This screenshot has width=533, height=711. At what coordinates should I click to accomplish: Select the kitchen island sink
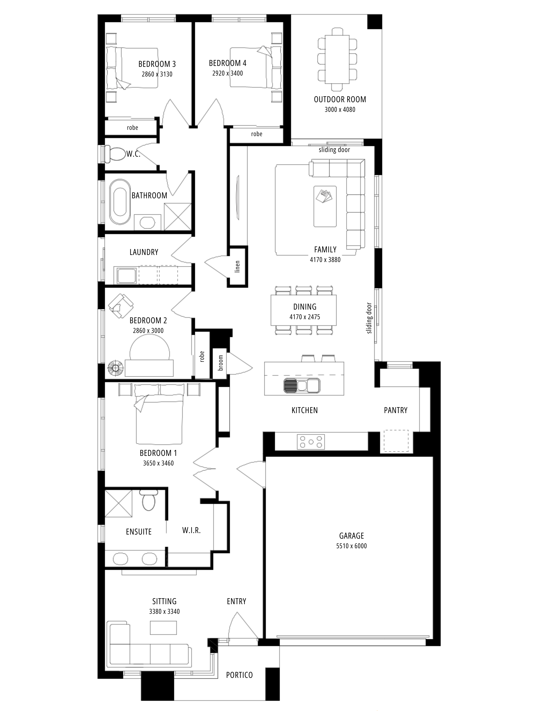tap(302, 385)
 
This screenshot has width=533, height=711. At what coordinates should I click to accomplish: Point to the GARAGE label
tap(351, 536)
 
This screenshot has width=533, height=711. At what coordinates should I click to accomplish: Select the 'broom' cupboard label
tap(220, 363)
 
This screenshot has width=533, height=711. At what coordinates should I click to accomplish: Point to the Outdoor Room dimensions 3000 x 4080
tap(340, 110)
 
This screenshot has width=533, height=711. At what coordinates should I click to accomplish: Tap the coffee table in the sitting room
tap(163, 627)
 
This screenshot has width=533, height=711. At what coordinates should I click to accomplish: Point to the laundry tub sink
tap(126, 276)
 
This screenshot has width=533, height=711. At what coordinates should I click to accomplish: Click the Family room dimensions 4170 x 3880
tap(325, 260)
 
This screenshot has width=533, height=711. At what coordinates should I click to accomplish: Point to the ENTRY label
tap(237, 601)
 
